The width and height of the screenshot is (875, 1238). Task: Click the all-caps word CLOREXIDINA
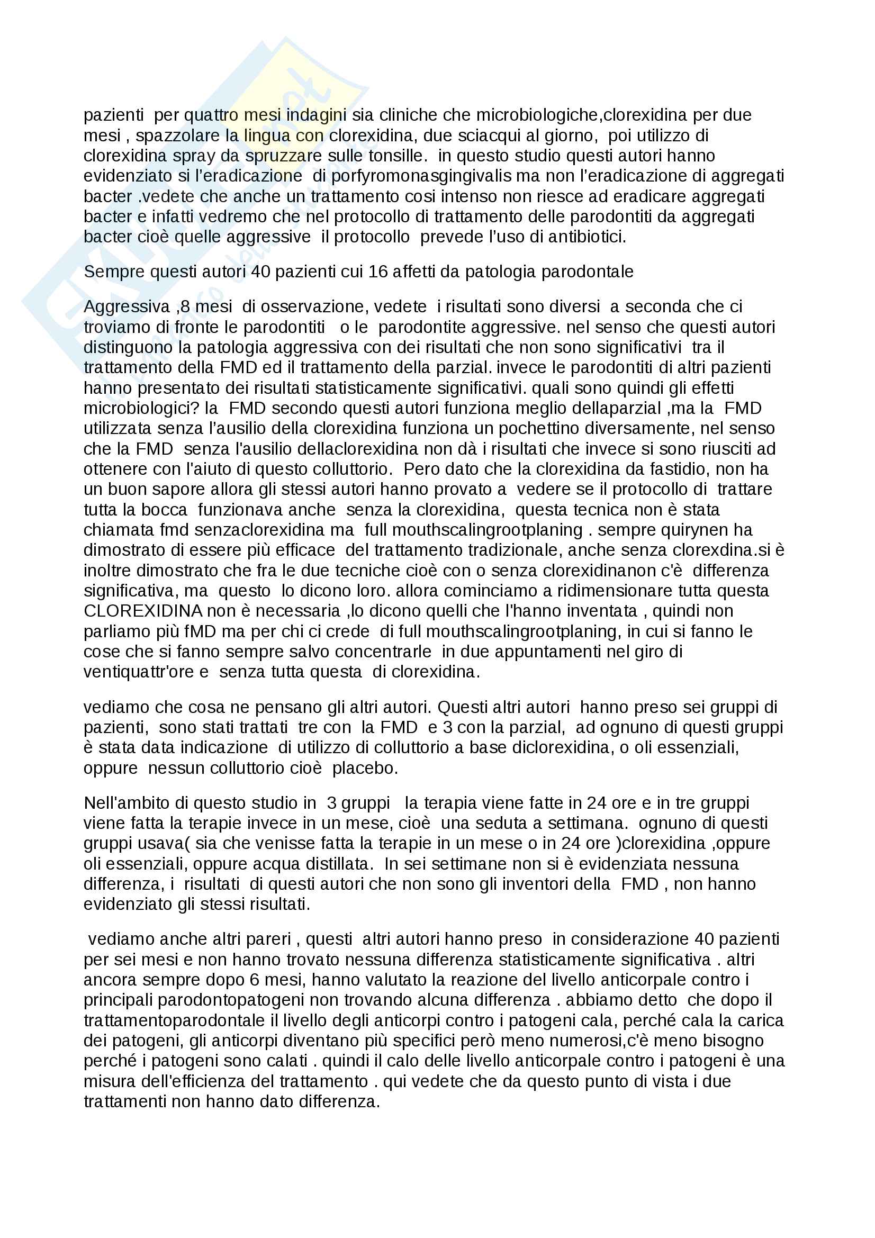143,611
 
